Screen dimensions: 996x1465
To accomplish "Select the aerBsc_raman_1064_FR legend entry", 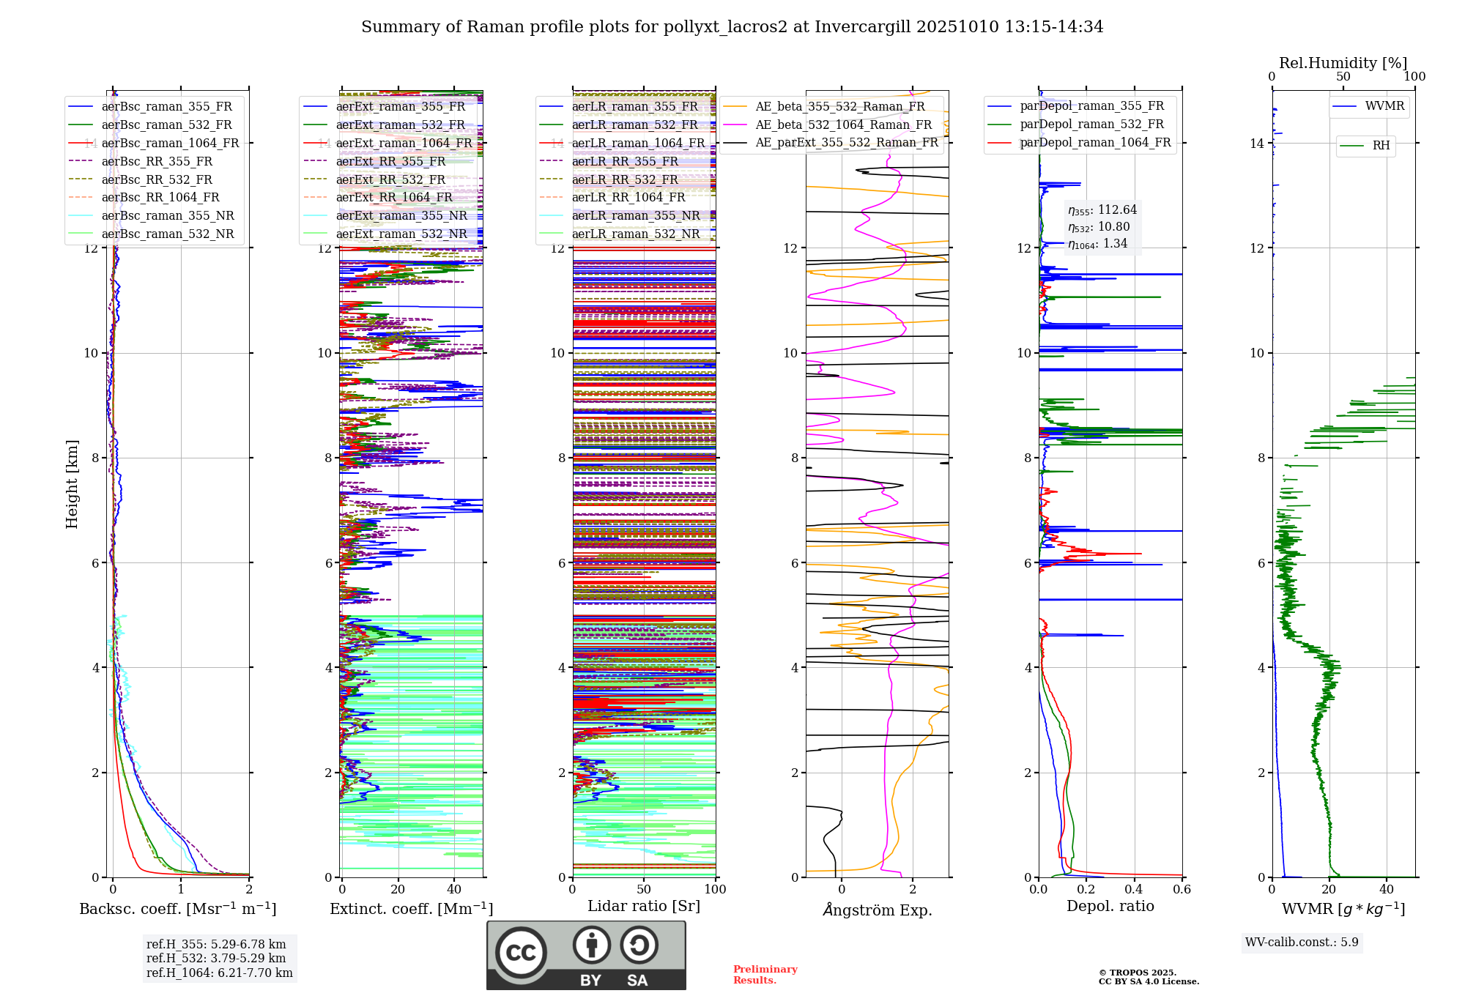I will [170, 143].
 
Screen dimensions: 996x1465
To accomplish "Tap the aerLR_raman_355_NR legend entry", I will [636, 215].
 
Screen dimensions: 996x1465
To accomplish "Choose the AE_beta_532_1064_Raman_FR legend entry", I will [843, 124].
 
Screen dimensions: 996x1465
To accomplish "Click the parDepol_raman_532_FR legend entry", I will [1091, 124].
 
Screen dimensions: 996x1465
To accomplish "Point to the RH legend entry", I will [1381, 146].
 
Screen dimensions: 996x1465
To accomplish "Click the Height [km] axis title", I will [72, 484].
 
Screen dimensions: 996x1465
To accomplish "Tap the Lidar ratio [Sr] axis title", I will [643, 906].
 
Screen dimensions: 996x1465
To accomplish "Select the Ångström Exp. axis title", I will [877, 910].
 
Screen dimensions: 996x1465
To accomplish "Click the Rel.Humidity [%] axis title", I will [1343, 63].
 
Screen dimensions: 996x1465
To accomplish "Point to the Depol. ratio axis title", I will [1110, 906].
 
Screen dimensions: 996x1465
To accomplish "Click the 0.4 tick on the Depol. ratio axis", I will [1134, 890].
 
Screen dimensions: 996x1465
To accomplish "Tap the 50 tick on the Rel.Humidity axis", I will [1343, 77].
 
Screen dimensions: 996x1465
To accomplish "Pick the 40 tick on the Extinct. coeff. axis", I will [454, 890].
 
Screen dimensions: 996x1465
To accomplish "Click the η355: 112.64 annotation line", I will [1102, 210].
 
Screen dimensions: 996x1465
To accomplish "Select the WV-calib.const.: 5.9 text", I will [1302, 942].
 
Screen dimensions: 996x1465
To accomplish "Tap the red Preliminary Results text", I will [765, 975].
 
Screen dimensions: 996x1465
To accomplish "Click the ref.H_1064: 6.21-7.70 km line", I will [219, 973].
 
